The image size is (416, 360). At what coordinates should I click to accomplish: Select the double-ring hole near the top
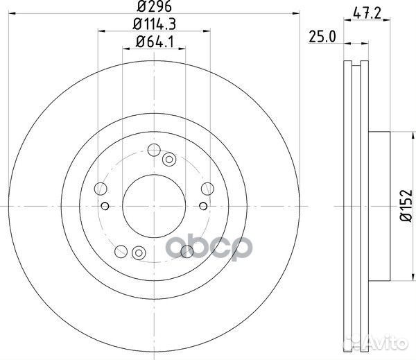[168, 160]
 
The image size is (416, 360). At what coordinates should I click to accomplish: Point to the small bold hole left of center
[105, 205]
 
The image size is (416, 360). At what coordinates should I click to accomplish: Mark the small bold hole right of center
[202, 205]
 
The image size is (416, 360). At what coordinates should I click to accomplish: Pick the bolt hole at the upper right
[205, 188]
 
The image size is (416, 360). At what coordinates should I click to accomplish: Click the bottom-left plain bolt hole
[122, 250]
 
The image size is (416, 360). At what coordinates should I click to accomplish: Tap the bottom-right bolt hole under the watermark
[186, 251]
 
